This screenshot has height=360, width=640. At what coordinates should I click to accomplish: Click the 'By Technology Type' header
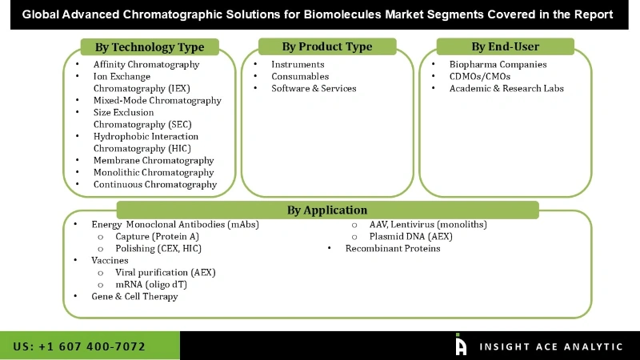point(150,47)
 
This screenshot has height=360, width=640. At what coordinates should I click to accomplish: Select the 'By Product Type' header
point(327,46)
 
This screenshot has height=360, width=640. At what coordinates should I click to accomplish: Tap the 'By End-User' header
point(505,46)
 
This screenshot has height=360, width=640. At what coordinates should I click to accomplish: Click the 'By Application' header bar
point(327,210)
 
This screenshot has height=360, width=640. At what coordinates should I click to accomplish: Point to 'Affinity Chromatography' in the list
point(146,65)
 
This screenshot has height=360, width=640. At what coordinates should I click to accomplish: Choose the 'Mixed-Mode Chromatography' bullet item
point(157,101)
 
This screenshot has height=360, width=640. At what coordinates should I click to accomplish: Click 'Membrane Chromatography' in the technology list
point(154,161)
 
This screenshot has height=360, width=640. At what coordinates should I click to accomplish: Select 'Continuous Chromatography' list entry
point(155,185)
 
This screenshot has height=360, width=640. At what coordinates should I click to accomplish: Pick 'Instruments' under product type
point(298,65)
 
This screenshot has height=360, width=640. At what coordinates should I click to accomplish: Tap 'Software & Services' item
point(314,89)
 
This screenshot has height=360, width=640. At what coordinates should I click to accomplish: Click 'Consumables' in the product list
point(300,77)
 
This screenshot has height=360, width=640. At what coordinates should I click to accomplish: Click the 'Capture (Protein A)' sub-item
point(157,237)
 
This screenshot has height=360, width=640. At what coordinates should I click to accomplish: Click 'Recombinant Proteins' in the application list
point(393,249)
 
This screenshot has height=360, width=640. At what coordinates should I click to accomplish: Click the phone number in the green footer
point(79,346)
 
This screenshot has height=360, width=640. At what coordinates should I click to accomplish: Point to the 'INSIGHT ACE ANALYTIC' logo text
point(550,346)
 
